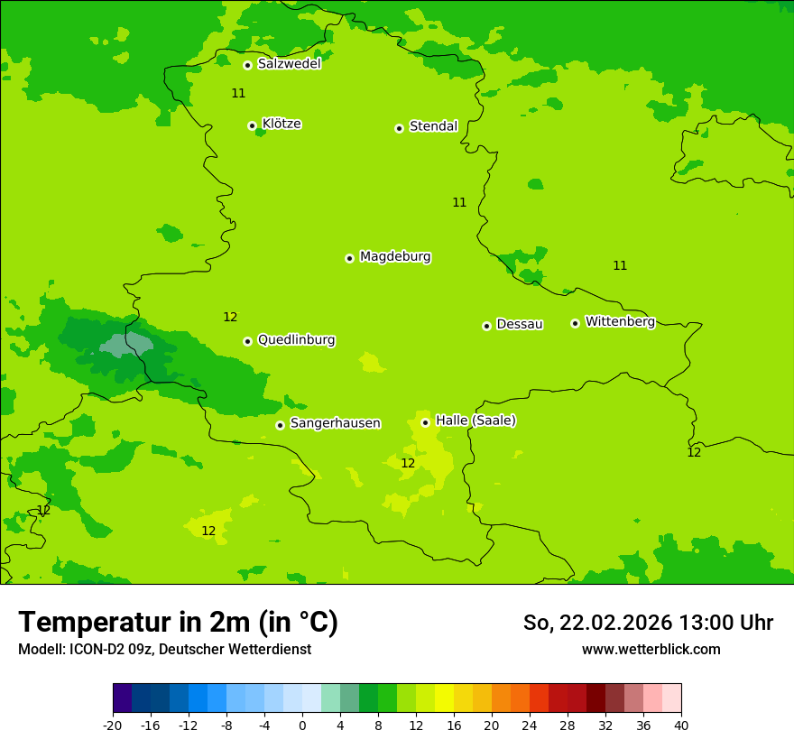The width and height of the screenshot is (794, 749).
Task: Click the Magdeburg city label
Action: pos(395,257)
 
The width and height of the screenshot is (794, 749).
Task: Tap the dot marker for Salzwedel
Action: pos(247,65)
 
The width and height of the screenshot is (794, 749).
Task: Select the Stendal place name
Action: pos(433,126)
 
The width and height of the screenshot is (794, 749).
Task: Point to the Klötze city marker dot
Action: pos(252,125)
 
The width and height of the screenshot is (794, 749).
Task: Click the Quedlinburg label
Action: pos(296,340)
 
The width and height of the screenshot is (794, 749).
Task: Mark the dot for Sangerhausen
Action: pos(280,425)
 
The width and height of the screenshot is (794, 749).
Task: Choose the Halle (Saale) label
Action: pos(475,421)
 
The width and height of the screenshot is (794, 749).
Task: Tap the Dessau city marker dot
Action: pos(486,326)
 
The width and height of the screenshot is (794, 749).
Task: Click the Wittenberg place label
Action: pos(620,321)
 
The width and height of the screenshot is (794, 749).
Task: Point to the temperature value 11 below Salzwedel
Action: pos(238,93)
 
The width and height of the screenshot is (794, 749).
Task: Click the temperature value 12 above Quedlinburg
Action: pos(230,317)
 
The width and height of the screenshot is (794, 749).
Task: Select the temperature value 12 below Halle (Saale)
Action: pos(408,463)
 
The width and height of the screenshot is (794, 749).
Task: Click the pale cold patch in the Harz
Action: pos(126,345)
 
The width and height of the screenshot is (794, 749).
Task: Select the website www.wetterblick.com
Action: pos(651,649)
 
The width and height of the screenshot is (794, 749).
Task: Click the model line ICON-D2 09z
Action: pos(164,649)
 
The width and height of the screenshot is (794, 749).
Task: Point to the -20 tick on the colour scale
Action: pos(113,725)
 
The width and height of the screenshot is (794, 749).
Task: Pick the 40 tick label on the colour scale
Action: pos(680,725)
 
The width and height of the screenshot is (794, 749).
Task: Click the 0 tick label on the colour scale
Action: pos(302,725)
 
